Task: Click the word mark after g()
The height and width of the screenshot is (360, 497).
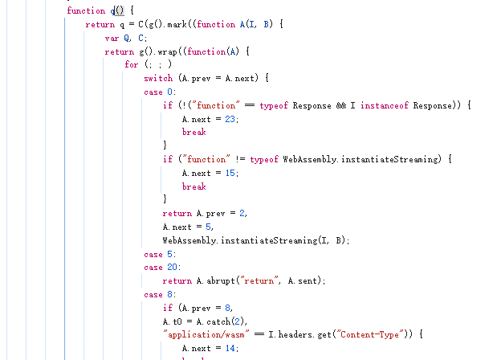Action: (180, 24)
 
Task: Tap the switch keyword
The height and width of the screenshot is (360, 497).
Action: (158, 79)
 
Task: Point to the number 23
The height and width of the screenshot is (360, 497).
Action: (230, 119)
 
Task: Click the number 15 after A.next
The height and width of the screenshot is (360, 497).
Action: (230, 174)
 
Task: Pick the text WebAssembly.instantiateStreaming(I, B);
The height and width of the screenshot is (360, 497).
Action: (256, 240)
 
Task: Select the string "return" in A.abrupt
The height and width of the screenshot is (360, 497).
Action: (251, 281)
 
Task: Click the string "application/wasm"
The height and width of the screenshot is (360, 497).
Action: (201, 335)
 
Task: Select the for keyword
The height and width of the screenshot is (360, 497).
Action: (131, 65)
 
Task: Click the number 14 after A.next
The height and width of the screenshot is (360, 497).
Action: (230, 349)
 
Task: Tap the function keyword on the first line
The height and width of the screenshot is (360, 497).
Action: (86, 10)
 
